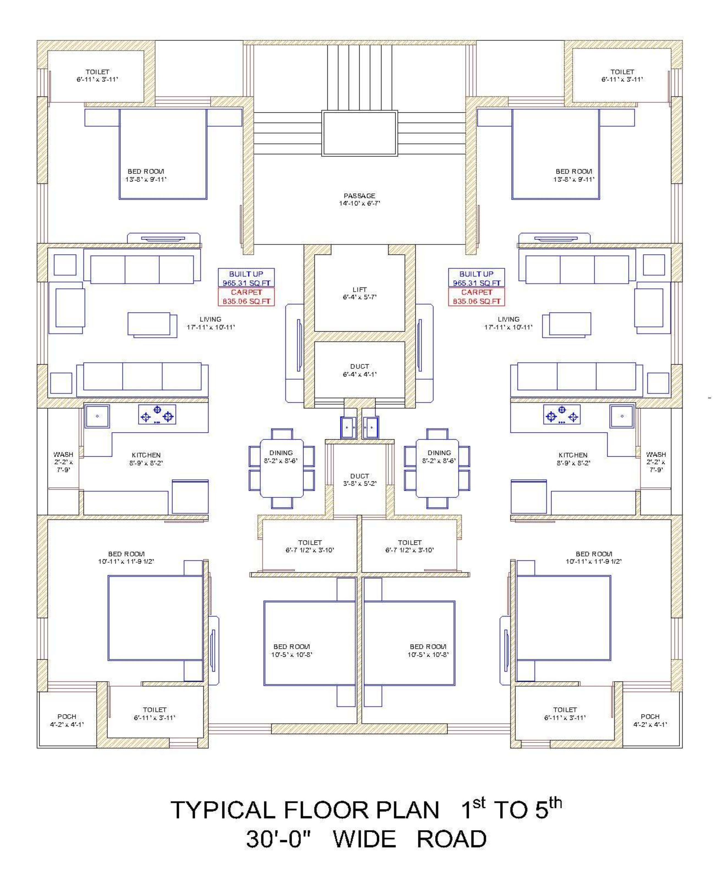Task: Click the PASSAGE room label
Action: coord(359,195)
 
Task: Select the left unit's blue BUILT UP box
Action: coord(246,278)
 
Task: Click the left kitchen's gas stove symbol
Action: coord(157,414)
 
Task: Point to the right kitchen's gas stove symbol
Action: coord(562,414)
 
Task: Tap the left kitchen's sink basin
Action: coord(98,416)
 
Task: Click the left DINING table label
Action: coord(281,453)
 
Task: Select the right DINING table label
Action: coord(439,453)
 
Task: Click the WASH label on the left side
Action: coord(63,454)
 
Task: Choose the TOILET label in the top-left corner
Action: coord(98,72)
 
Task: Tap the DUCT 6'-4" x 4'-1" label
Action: coord(359,370)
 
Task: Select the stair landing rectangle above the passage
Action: coord(359,133)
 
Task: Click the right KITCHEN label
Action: coord(573,455)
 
